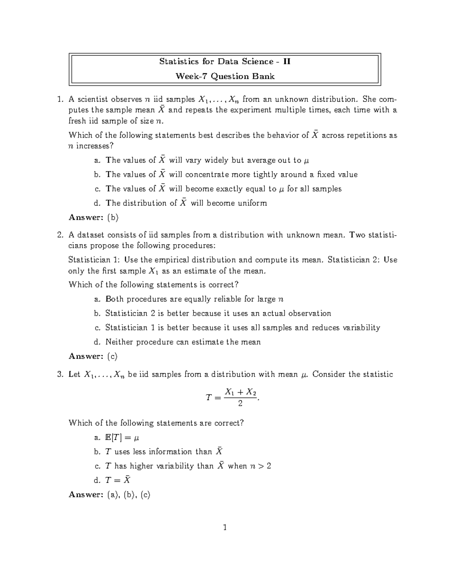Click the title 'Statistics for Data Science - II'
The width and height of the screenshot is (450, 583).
[x=225, y=62]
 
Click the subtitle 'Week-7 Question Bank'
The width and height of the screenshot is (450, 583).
[x=225, y=77]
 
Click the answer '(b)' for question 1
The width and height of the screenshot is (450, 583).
[x=112, y=217]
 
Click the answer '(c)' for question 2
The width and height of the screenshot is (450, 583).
[x=112, y=356]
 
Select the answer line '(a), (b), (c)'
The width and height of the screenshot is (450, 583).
[x=128, y=495]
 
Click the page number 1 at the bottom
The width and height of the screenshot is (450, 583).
[x=225, y=528]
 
